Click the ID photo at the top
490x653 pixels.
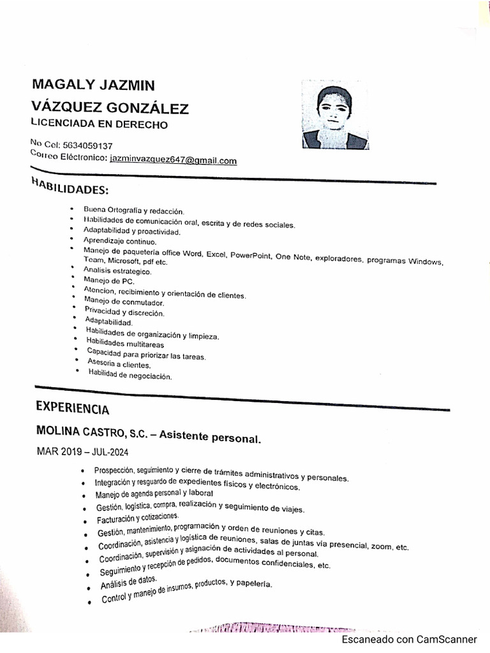[334, 117]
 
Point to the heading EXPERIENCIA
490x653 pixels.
[72, 407]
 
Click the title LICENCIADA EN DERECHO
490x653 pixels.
[99, 124]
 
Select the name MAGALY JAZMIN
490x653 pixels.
[93, 85]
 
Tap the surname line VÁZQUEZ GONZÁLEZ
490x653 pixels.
[110, 106]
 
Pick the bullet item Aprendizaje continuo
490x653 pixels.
[119, 242]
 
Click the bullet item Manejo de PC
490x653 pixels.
[109, 281]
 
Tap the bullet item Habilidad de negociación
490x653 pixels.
[130, 376]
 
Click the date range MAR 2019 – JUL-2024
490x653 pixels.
[83, 452]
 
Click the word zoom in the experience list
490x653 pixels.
[380, 547]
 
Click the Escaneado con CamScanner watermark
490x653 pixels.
[409, 639]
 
